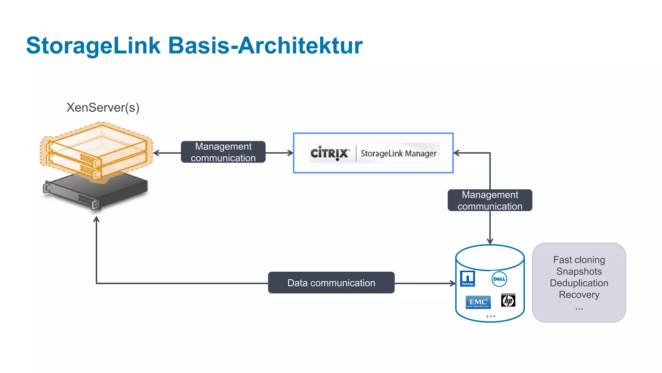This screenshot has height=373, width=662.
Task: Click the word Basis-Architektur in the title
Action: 265,46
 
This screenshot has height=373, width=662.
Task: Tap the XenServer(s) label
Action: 103,107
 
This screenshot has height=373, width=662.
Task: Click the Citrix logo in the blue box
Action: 330,153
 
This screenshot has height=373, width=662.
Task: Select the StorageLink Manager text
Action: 398,153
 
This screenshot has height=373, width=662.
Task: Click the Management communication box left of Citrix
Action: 223,152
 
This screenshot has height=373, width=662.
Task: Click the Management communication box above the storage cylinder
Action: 490,200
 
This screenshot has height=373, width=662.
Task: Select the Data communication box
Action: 331,283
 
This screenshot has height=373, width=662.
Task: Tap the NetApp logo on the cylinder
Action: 467,278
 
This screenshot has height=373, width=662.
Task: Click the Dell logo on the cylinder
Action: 499,279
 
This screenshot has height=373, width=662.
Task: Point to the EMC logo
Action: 478,302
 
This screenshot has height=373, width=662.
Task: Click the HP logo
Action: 508,300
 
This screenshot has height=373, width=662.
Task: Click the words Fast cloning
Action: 579,260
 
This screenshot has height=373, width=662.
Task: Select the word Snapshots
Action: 579,271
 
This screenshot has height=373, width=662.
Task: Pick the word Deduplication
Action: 579,283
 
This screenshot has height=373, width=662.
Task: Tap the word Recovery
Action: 579,295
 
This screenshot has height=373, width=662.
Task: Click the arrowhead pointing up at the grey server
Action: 96,219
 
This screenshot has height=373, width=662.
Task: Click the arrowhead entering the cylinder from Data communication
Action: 453,283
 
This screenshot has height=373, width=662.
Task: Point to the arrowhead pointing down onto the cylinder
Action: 490,242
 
